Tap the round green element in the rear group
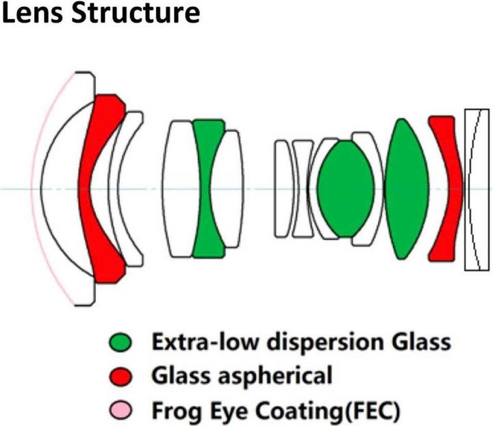coord(344,188)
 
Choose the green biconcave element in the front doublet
coord(206,188)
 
